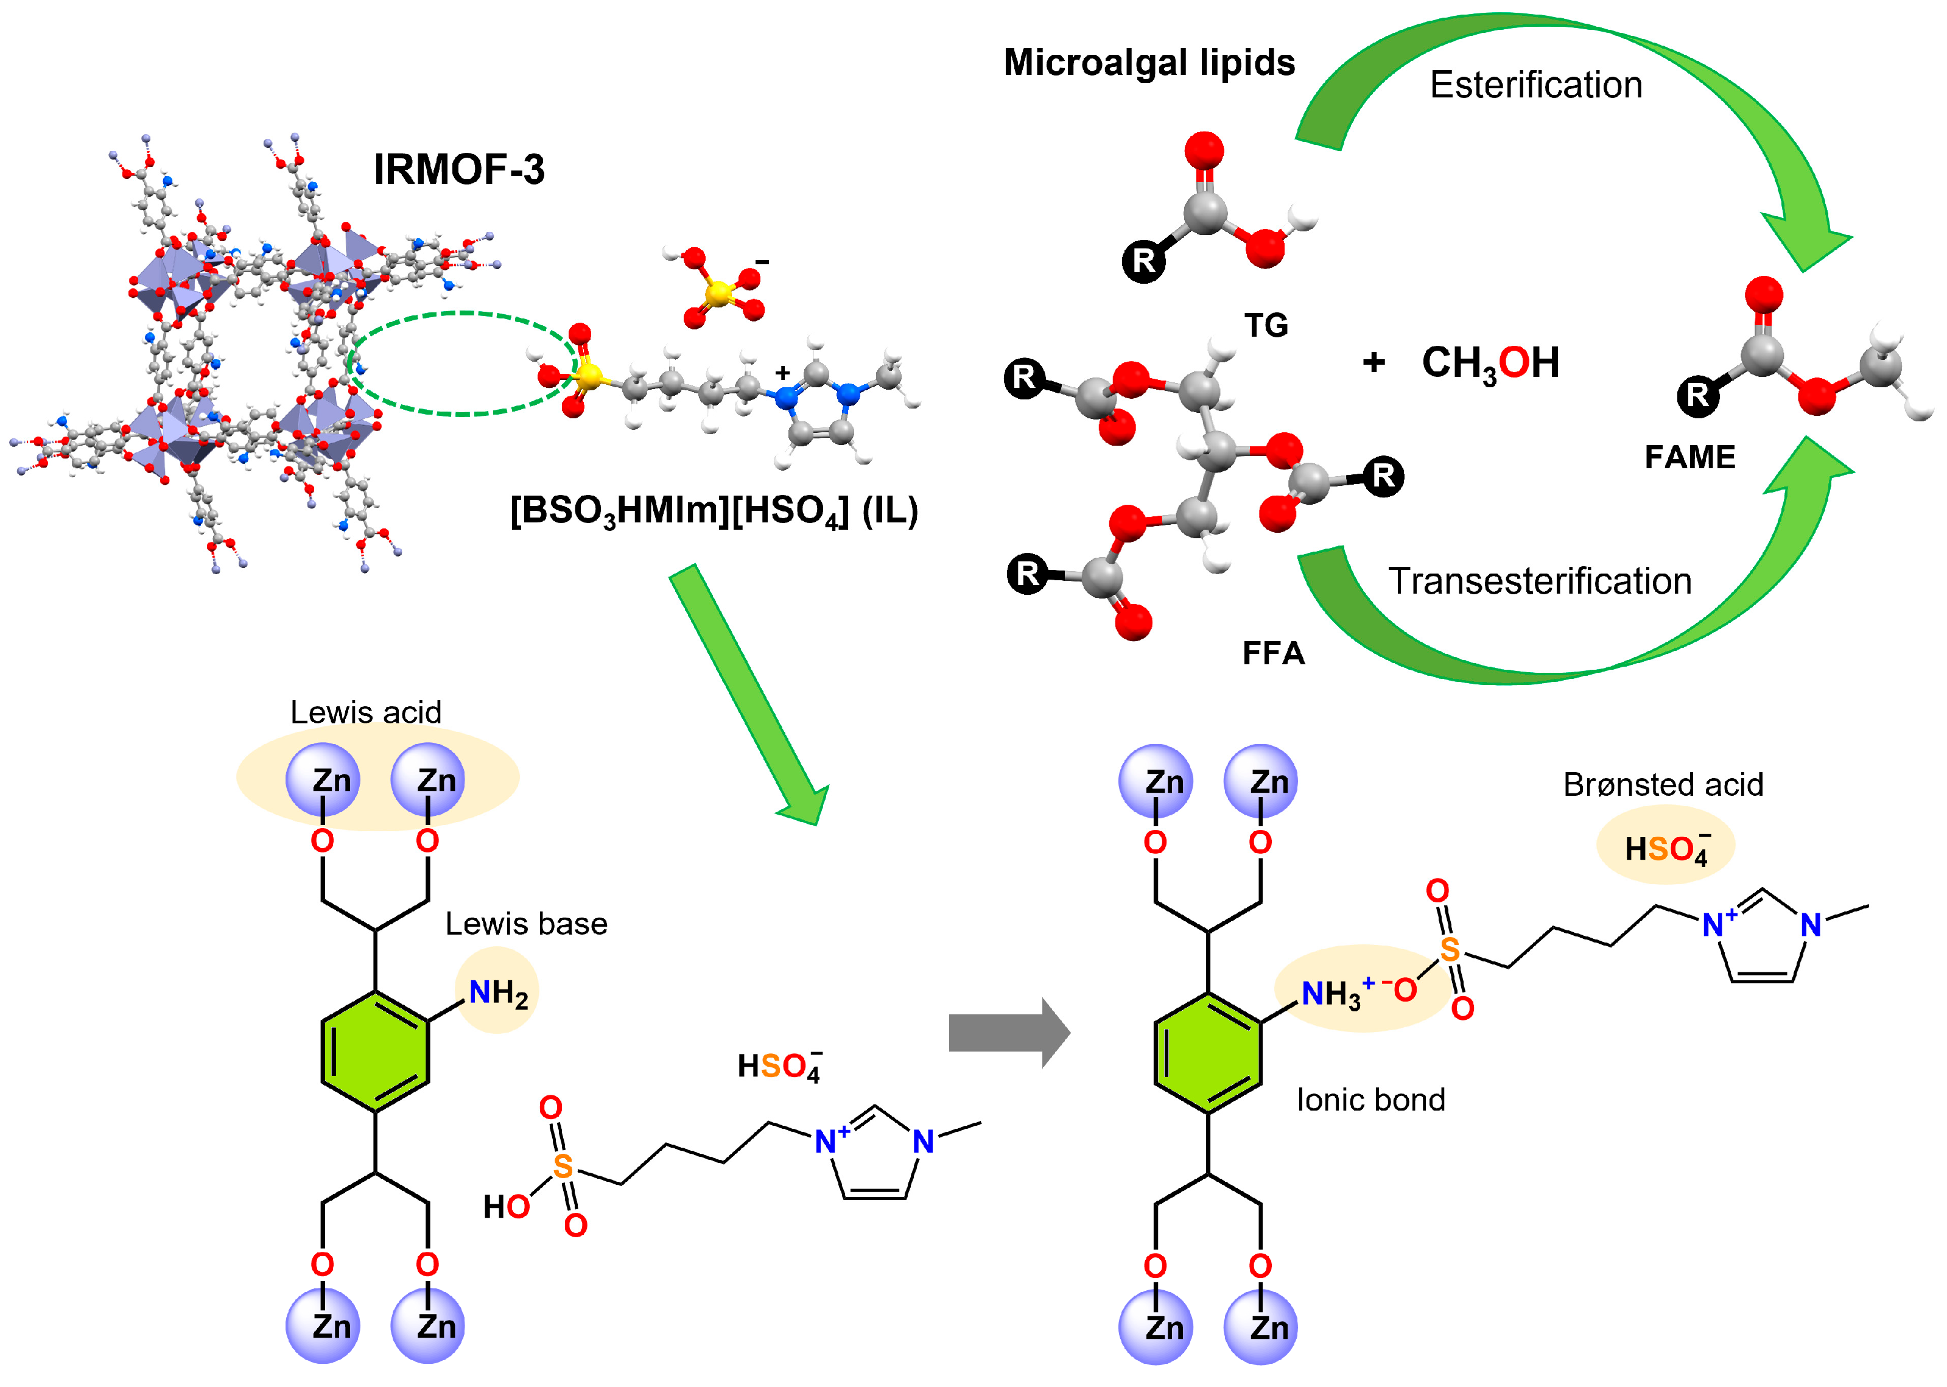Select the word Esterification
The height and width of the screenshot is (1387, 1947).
(1535, 85)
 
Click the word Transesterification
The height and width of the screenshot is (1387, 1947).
(1540, 581)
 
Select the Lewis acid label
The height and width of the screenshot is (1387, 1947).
(365, 712)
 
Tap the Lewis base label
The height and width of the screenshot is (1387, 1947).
(526, 924)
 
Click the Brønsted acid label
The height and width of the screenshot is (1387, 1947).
(1663, 784)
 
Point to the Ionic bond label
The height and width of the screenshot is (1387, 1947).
(1370, 1100)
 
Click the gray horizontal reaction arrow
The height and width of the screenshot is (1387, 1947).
(1008, 1033)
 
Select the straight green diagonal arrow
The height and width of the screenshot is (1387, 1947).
(747, 692)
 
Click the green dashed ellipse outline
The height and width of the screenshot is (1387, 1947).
(461, 314)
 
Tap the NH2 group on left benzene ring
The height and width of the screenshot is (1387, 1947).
(499, 993)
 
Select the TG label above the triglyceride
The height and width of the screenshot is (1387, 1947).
(1266, 325)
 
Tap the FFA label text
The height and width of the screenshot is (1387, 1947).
(1273, 653)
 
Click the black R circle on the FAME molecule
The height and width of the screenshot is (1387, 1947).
(1697, 395)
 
